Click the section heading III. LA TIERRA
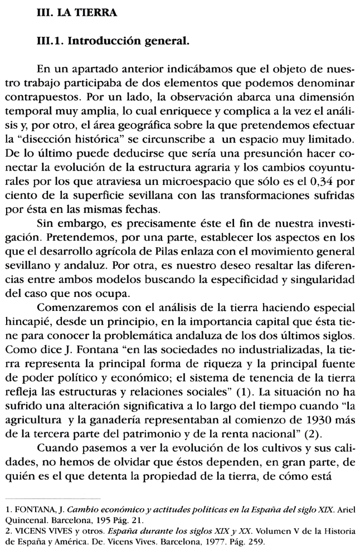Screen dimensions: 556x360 [76, 14]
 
